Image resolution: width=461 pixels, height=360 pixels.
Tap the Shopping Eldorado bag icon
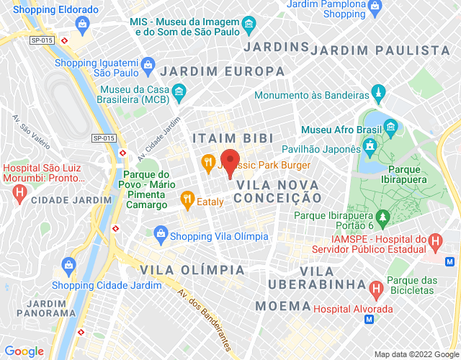pos(82,27)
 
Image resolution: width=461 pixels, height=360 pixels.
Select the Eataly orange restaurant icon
pos(187,198)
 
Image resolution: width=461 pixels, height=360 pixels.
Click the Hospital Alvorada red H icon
pos(375,290)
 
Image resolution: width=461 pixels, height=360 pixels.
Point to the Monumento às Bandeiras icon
pos(378,94)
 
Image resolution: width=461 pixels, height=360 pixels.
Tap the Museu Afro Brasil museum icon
pos(391,129)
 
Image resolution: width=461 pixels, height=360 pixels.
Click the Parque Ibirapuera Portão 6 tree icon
pos(383,216)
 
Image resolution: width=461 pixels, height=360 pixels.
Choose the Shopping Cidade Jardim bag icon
pos(68,264)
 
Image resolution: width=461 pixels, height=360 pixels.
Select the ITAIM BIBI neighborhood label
pos(223,138)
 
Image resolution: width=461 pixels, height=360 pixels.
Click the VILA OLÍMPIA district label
pos(192,269)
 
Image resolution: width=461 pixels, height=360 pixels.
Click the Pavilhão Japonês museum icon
pos(370,148)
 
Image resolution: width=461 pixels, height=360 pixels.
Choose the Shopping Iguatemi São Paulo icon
pos(148,63)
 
